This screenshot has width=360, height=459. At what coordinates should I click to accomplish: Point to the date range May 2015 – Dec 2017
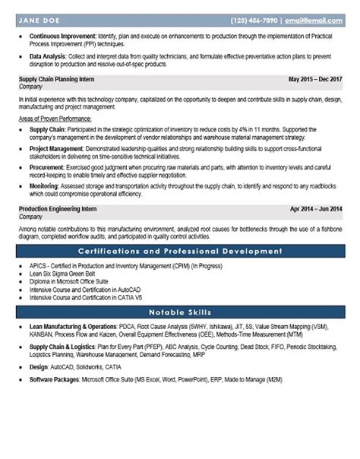(x=316, y=78)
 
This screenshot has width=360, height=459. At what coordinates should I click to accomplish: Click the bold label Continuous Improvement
(x=62, y=36)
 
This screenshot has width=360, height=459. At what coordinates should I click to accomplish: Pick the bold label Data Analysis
(x=50, y=56)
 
